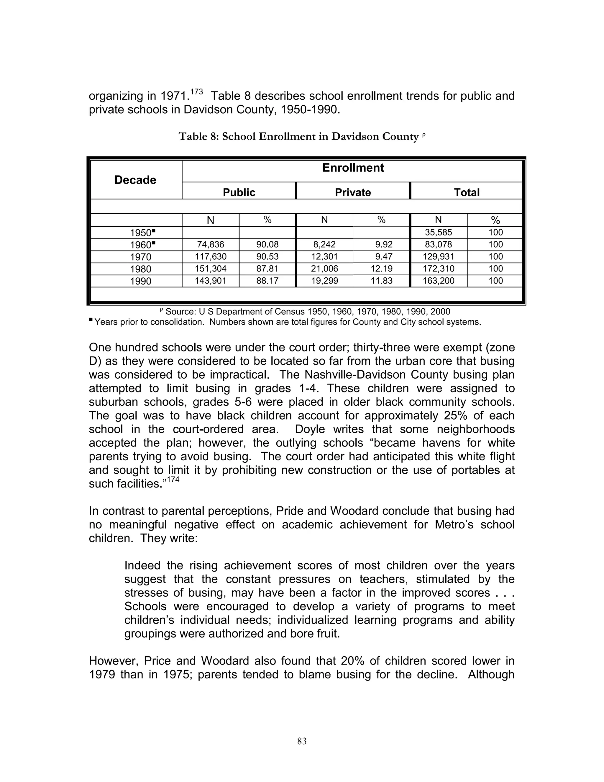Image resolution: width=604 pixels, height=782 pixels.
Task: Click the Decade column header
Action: point(135,180)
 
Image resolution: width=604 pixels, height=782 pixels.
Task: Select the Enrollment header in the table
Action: point(353,168)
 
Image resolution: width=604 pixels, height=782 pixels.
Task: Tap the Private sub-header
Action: point(353,192)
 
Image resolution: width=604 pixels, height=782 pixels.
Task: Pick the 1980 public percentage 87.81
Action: point(267,269)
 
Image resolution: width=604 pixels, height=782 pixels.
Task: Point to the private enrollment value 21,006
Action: point(324,269)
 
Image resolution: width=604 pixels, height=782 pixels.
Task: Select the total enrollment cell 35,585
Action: point(438,232)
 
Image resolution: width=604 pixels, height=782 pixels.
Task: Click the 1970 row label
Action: point(141,257)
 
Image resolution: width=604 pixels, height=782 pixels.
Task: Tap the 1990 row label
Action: point(141,281)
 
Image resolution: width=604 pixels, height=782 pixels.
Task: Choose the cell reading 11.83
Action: point(381,281)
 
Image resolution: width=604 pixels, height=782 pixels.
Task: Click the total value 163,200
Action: point(438,281)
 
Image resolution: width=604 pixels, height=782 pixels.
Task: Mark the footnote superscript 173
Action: point(196,92)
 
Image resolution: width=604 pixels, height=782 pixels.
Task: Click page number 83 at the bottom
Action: point(302,741)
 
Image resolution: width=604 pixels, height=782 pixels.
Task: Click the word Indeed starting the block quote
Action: point(142,565)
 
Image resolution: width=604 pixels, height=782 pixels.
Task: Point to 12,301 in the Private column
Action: point(324,256)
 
